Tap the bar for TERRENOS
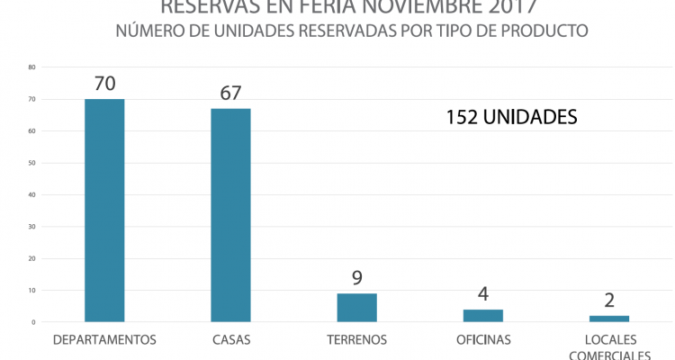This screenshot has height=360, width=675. (x=356, y=307)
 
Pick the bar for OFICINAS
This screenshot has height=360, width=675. (x=483, y=315)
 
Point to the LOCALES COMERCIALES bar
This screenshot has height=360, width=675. (x=609, y=319)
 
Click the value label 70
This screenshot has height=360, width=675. (x=104, y=85)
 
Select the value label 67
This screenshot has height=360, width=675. (x=230, y=94)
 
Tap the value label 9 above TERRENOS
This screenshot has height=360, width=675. (x=357, y=278)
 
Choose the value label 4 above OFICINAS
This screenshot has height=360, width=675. (x=483, y=294)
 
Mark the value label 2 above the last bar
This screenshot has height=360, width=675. (x=609, y=301)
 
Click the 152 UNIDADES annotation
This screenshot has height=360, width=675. (x=511, y=117)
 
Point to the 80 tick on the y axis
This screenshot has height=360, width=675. (x=31, y=67)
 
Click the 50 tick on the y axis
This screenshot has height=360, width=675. (x=31, y=163)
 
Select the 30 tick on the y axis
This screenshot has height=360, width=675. (x=31, y=227)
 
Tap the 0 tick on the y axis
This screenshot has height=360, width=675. (x=33, y=322)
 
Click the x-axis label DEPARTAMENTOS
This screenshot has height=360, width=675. (x=104, y=340)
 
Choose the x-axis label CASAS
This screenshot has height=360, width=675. (x=230, y=340)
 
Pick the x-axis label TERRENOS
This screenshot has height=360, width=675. (x=357, y=340)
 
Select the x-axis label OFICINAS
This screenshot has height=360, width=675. (x=483, y=340)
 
